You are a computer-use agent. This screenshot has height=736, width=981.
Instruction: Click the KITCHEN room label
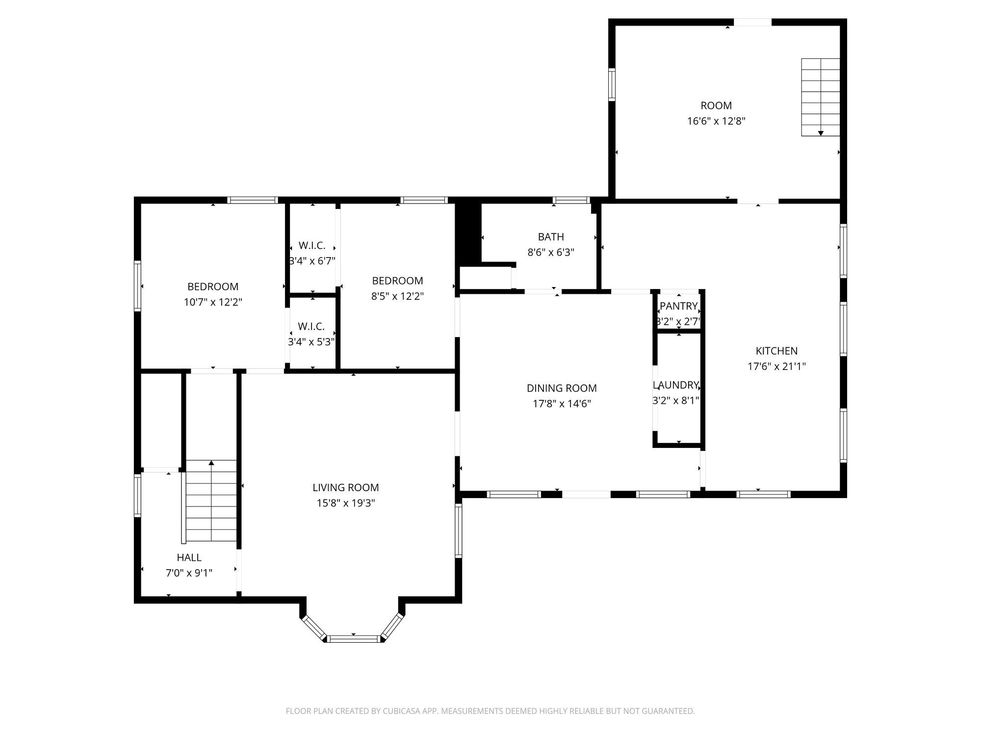point(776,351)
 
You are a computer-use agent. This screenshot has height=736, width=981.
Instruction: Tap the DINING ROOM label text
point(562,388)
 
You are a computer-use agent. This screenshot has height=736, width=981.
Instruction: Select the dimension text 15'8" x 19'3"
point(346,503)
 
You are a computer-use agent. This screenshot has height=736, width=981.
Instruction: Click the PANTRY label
point(678,306)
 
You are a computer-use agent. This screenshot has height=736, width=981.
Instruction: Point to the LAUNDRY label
point(676,385)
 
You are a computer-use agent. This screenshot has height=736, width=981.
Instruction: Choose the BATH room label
point(551,237)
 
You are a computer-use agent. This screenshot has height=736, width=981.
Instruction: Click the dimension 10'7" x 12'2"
point(213,302)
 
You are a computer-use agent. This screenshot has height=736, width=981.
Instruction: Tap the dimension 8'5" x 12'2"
point(397,296)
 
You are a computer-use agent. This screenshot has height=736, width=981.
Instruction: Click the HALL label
point(189,557)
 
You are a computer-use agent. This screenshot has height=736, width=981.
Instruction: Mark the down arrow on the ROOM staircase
point(821,133)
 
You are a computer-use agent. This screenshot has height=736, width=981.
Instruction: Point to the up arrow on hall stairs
point(211,463)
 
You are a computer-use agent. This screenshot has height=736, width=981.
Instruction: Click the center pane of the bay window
point(353,638)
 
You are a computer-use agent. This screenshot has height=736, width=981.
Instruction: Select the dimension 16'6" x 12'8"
point(716,121)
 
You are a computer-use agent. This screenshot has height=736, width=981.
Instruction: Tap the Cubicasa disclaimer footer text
point(490,711)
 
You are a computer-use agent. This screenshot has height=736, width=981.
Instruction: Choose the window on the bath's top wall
point(571,200)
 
